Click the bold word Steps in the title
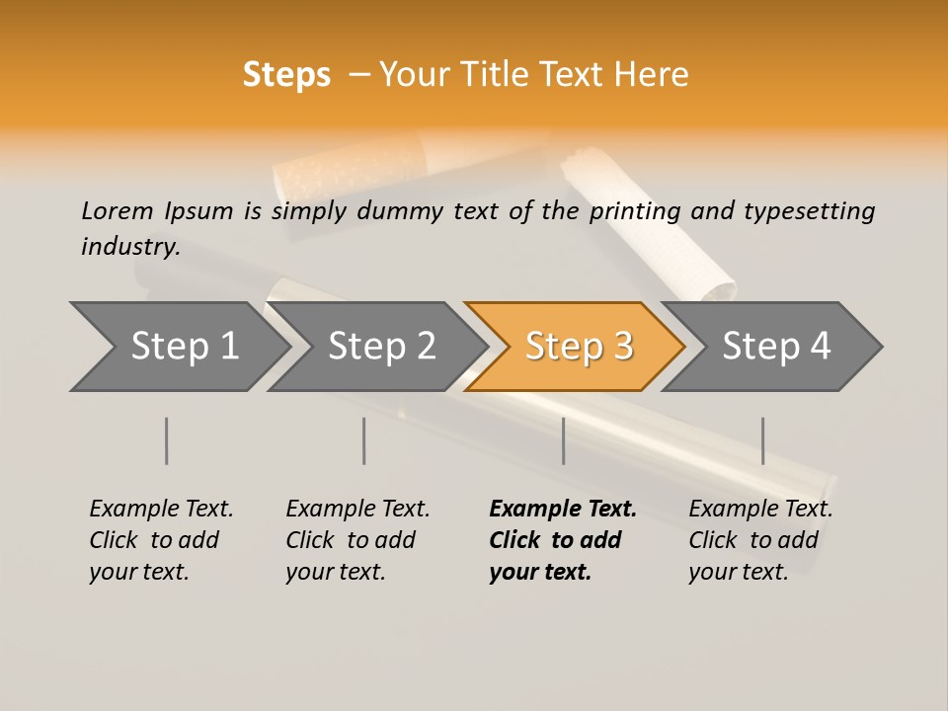click(286, 74)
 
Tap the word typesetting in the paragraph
click(809, 210)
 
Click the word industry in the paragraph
click(129, 246)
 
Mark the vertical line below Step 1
click(167, 440)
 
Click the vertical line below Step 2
click(364, 440)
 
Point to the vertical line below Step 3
click(563, 440)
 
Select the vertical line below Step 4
click(762, 440)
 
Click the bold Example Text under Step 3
click(563, 509)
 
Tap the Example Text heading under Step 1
click(161, 509)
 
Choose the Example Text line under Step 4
click(760, 509)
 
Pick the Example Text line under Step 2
click(357, 509)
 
